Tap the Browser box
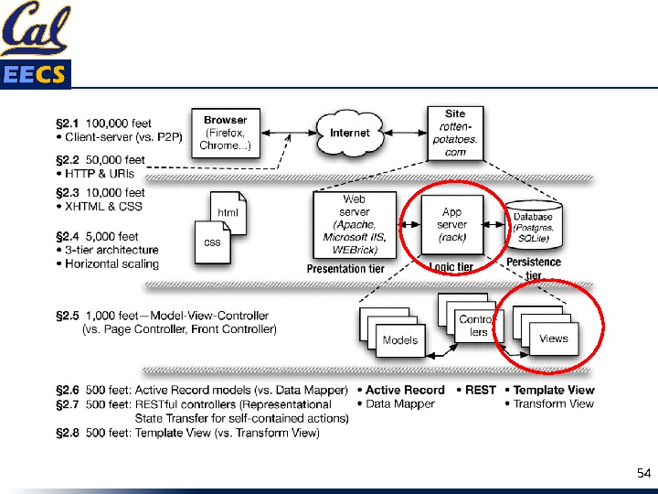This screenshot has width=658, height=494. click(x=225, y=133)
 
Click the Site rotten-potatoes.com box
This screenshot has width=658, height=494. click(x=455, y=134)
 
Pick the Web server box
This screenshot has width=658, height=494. click(x=355, y=223)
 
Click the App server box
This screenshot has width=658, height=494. click(x=452, y=224)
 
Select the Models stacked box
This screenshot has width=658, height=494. click(x=399, y=339)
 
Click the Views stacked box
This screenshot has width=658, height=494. click(x=553, y=338)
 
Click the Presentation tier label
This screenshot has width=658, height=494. click(x=345, y=269)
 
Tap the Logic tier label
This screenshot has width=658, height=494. click(x=451, y=267)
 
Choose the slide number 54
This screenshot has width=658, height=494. click(x=642, y=473)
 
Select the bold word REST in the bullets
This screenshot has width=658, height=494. click(x=481, y=390)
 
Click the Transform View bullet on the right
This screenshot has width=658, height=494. click(x=553, y=403)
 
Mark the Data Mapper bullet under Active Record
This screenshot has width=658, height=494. click(x=400, y=403)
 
